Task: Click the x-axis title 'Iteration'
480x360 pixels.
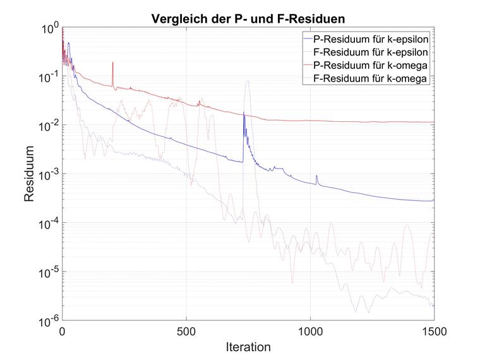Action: (248, 347)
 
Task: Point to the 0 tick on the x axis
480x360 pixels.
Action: (62, 331)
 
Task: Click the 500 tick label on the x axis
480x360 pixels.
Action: (186, 331)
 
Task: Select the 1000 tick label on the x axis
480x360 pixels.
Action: (310, 331)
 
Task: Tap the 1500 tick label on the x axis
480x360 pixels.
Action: (434, 331)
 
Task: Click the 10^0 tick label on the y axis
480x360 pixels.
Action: (49, 28)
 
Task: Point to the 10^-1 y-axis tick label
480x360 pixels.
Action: (48, 77)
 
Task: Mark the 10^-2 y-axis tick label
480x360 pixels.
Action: (48, 126)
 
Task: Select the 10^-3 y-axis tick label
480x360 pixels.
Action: (48, 174)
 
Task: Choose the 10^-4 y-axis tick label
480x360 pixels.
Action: (48, 223)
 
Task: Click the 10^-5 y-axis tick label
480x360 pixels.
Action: (48, 272)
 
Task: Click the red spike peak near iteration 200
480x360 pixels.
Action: (112, 63)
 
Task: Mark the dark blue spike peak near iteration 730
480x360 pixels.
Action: (244, 113)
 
